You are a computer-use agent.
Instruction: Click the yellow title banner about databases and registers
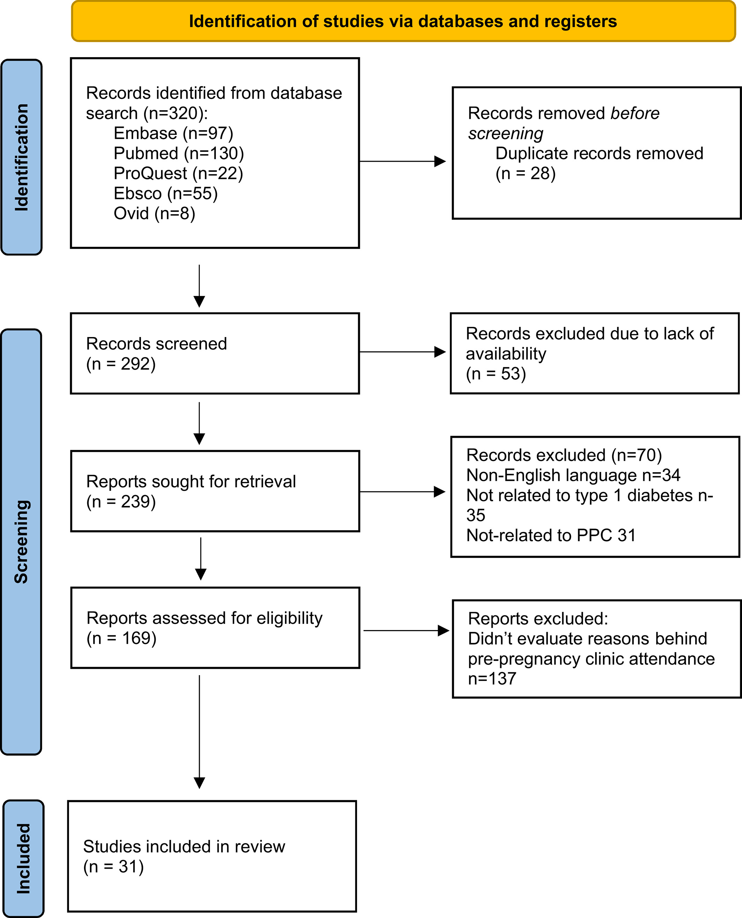403,21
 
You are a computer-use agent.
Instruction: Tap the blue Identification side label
21,157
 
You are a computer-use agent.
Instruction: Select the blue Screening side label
21,541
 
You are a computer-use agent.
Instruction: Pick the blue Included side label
23,859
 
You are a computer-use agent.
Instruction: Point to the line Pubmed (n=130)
179,154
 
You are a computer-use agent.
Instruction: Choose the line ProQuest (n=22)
178,174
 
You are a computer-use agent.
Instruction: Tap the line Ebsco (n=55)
165,194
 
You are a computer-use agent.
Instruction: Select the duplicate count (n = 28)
525,174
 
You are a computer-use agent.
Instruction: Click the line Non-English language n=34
573,475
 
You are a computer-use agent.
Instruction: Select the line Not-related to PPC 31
551,536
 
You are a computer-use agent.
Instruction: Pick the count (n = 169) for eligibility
121,638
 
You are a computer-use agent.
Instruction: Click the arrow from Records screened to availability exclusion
403,352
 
